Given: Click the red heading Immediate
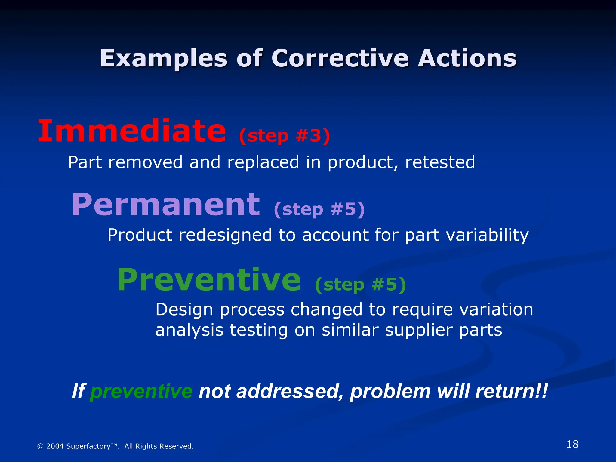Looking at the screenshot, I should click(x=132, y=131).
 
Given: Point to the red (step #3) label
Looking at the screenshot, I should click(x=285, y=136).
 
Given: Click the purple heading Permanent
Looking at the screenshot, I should click(x=166, y=205).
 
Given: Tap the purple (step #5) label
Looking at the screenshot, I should click(x=319, y=209).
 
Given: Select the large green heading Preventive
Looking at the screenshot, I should click(x=209, y=280).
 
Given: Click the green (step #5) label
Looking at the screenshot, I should click(x=360, y=285).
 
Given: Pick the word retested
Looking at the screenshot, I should click(x=440, y=162).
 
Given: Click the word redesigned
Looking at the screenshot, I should click(x=225, y=235).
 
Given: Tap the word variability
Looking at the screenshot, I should click(x=487, y=235).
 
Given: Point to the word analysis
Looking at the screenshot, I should click(x=189, y=330).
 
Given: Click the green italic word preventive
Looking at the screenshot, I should click(x=141, y=392).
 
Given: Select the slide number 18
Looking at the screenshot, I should click(x=572, y=444).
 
